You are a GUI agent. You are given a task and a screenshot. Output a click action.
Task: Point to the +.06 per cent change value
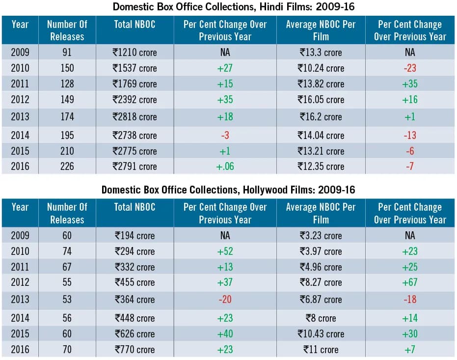(225, 166)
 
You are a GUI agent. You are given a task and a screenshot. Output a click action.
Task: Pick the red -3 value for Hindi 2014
(225, 135)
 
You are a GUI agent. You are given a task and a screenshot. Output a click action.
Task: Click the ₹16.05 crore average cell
(321, 100)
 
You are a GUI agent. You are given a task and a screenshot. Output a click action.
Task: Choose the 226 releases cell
(67, 166)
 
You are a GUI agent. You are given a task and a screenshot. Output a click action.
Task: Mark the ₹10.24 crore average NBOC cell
(321, 68)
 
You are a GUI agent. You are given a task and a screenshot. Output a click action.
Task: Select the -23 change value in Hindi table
(410, 68)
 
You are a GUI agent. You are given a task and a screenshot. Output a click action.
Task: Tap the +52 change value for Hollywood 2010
(225, 251)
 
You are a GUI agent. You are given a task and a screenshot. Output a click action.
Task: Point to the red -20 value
(225, 299)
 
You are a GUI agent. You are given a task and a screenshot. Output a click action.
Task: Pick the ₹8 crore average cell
(321, 318)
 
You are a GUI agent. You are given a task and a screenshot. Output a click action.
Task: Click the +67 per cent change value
(410, 282)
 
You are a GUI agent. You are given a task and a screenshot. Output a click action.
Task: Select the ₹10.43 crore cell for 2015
(321, 334)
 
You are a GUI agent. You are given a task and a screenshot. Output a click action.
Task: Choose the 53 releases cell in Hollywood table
(67, 299)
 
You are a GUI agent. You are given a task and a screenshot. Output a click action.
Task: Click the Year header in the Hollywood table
(20, 207)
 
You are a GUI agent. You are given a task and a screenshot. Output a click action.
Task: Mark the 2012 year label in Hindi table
(20, 100)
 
